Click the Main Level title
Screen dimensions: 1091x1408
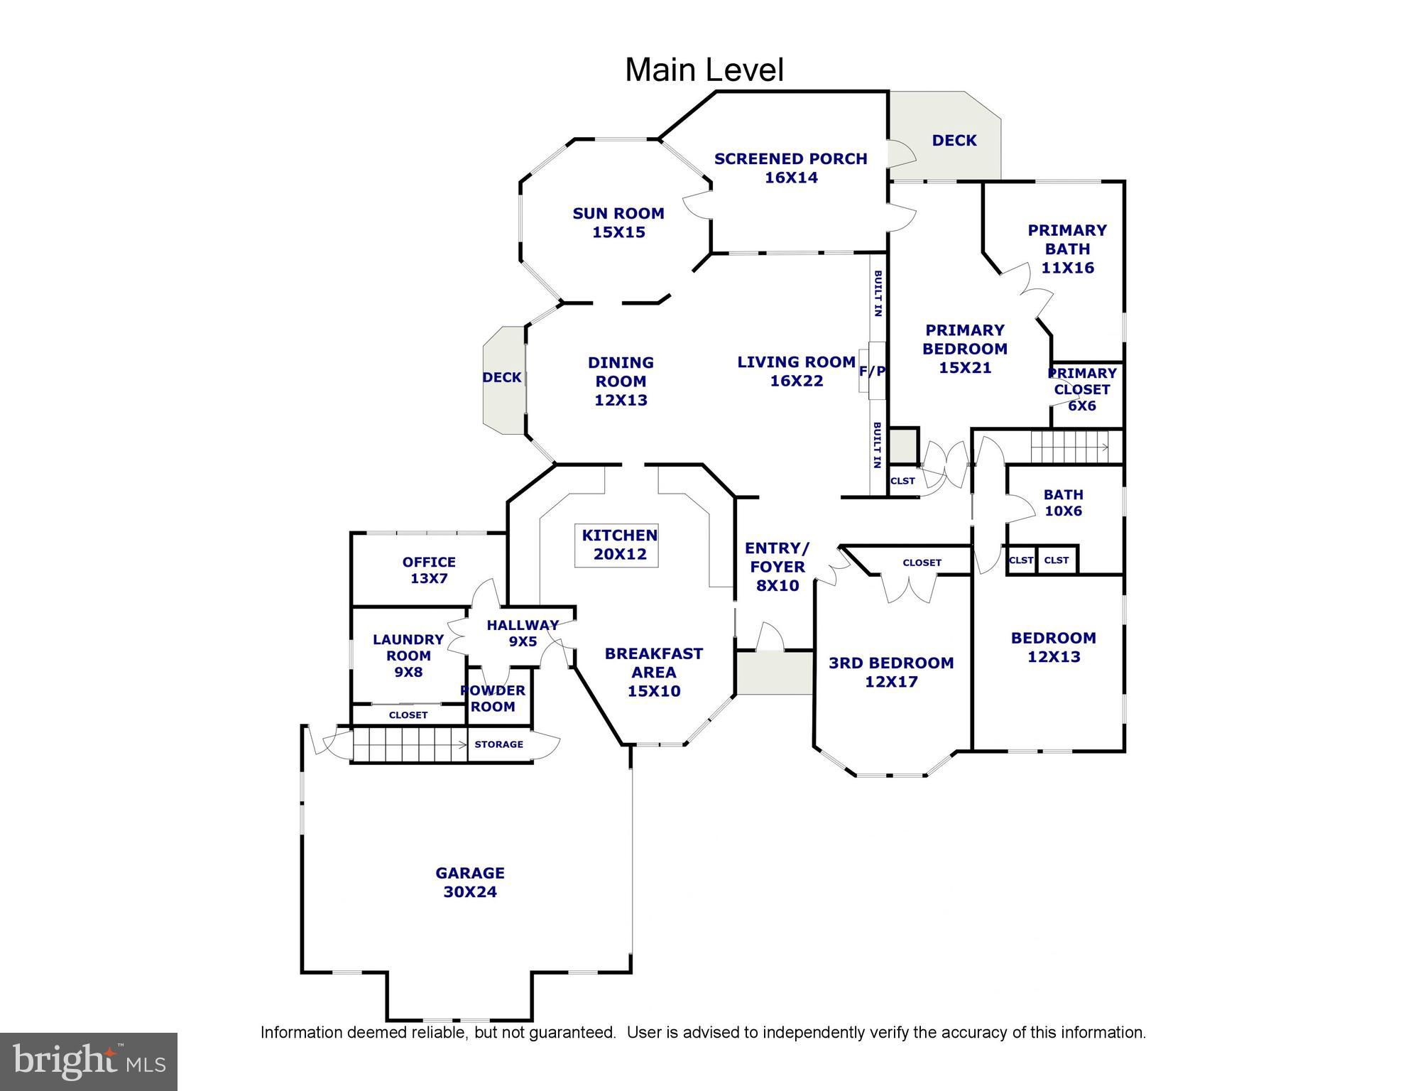click(704, 70)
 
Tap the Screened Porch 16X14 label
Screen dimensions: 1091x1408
click(790, 168)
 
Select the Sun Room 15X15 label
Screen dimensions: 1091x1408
click(618, 222)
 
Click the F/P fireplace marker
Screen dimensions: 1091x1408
click(872, 371)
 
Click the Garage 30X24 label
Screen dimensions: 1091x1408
click(469, 882)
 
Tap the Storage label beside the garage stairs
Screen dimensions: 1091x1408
click(498, 744)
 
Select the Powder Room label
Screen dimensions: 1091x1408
click(493, 699)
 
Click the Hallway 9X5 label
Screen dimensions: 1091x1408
click(523, 633)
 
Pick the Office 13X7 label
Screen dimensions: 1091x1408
click(429, 570)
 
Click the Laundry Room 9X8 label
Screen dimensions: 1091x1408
click(408, 655)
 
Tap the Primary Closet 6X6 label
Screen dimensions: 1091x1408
click(1082, 389)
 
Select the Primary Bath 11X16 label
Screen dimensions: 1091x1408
click(1067, 249)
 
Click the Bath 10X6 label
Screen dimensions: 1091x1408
click(1063, 503)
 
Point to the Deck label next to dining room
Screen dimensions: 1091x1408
click(502, 378)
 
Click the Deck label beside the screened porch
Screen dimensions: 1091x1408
click(954, 141)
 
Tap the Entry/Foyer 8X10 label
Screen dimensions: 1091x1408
click(777, 567)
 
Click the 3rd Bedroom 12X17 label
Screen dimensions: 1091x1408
click(891, 672)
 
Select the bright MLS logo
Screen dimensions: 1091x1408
click(88, 1061)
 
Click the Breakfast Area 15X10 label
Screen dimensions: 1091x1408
click(653, 672)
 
